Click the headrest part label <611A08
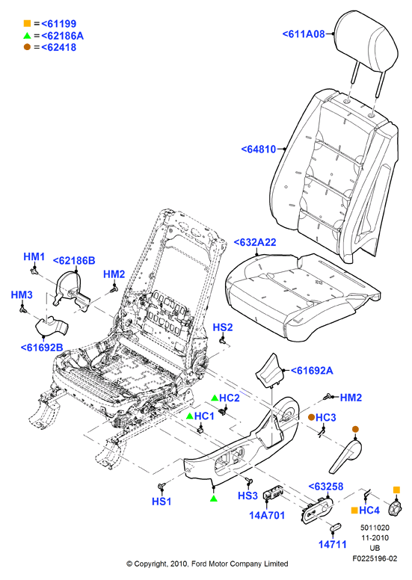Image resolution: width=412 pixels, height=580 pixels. click(x=304, y=34)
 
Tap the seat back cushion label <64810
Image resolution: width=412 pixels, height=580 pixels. click(x=259, y=149)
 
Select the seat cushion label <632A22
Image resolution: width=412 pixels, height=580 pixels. click(x=255, y=242)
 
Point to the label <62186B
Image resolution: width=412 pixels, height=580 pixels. click(x=74, y=260)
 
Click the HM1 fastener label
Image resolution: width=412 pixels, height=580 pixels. click(x=34, y=256)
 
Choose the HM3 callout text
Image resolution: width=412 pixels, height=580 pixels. click(x=22, y=294)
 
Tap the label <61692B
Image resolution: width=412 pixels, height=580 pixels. click(x=42, y=348)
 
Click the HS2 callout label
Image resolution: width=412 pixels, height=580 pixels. click(x=223, y=327)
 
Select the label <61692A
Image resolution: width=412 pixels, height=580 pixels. click(x=312, y=370)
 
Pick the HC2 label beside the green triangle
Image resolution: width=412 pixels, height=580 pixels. click(x=230, y=398)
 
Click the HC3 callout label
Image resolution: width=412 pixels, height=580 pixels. click(x=326, y=417)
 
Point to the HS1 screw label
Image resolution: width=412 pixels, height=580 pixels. click(x=162, y=502)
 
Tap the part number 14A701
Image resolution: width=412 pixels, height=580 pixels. click(x=267, y=515)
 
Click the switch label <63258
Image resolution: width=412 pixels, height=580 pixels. click(x=326, y=487)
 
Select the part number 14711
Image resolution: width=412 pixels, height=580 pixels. click(x=333, y=544)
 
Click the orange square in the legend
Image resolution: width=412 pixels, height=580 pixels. click(x=27, y=24)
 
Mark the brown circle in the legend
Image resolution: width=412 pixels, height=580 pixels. click(x=27, y=47)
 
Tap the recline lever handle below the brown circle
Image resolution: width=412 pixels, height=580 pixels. click(x=347, y=454)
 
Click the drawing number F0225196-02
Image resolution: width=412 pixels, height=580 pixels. click(x=375, y=558)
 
